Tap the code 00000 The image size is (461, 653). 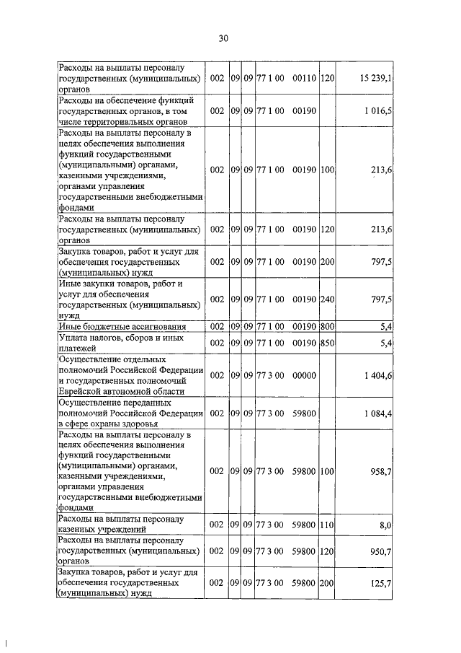[305, 376]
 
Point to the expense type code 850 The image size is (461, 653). [328, 343]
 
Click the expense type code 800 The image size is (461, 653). [328, 326]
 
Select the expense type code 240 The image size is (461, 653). [328, 299]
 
